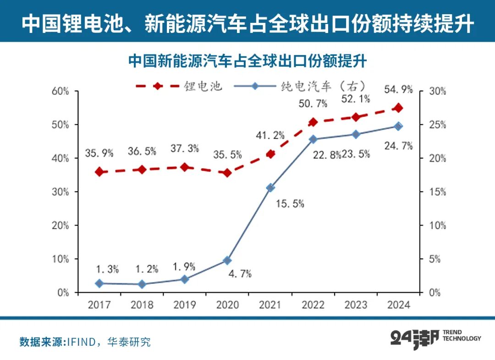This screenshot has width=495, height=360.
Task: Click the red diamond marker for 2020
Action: [227, 173]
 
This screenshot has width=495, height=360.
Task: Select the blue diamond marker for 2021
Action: [270, 188]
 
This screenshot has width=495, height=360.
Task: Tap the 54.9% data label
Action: [398, 89]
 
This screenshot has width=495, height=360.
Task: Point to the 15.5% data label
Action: [290, 204]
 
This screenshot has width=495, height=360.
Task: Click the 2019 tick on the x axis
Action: [184, 305]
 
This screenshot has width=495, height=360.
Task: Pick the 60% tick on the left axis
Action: [60, 91]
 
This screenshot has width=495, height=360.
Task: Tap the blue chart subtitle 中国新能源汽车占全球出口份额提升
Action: [247, 61]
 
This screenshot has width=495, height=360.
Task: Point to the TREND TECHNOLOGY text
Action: [462, 336]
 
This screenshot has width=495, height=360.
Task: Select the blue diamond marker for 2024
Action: [398, 126]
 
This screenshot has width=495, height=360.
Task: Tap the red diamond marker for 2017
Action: [99, 172]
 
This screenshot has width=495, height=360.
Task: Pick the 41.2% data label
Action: [270, 135]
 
